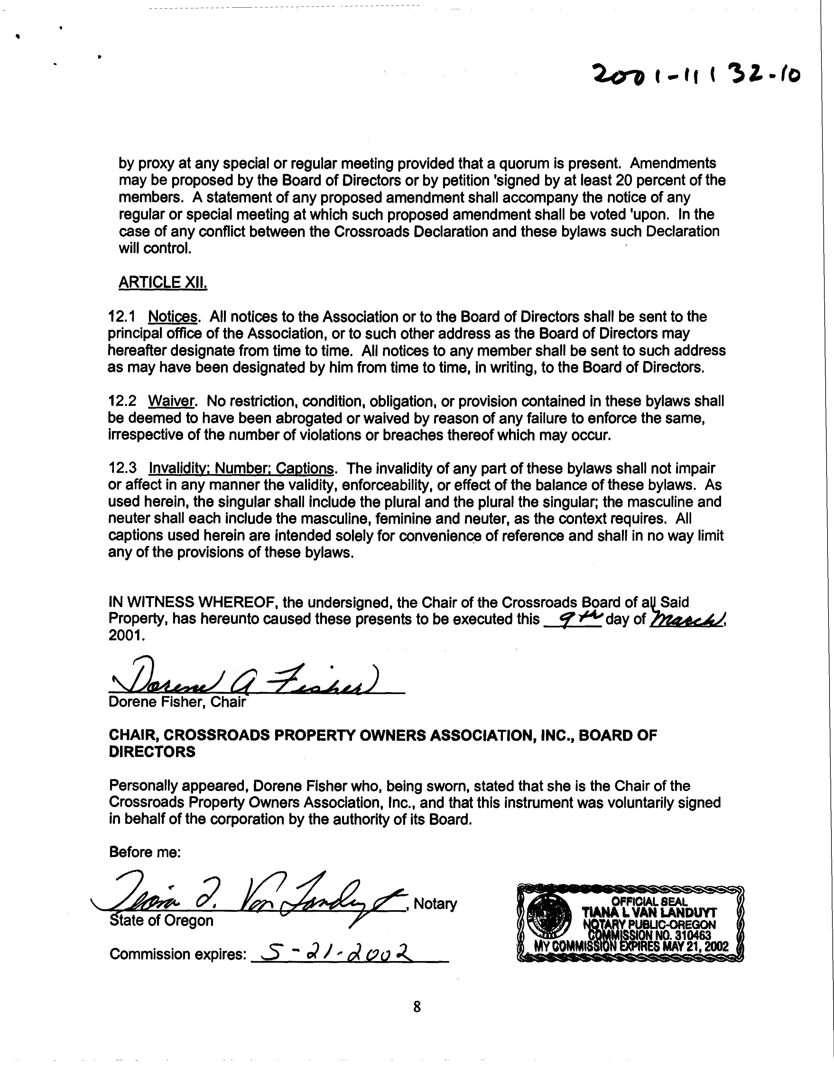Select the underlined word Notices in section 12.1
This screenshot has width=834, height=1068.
(173, 317)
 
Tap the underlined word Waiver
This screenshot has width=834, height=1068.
(171, 402)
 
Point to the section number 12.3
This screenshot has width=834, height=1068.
(122, 469)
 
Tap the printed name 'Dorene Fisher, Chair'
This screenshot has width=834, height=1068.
(177, 702)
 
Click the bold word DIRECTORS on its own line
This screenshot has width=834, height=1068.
(152, 752)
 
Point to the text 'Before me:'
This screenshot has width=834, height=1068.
(145, 852)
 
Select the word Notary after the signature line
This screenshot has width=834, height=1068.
(435, 904)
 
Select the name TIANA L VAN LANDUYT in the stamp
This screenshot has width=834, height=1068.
(649, 912)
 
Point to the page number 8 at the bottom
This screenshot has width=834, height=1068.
(417, 1007)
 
